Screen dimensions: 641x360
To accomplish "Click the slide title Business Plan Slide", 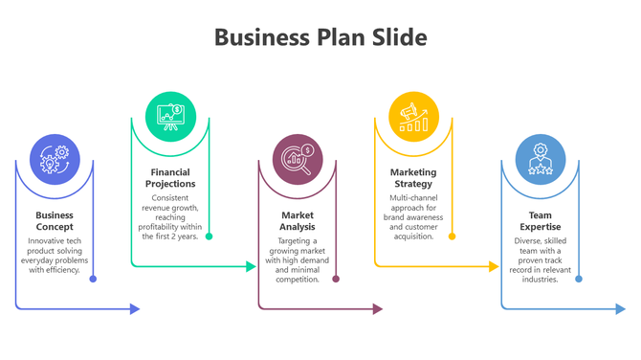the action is pos(320,37).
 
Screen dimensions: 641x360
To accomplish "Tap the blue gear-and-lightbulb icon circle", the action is pos(55,159).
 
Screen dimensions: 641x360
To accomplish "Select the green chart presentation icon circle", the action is pos(170,116).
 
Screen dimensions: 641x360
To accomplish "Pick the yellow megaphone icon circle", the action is pos(413,116).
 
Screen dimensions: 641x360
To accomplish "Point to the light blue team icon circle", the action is pos(541,159).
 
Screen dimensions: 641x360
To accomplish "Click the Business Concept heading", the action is pos(55,221).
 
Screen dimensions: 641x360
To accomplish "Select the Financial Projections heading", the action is pos(170,178).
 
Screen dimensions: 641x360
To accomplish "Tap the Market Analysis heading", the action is pos(298,221).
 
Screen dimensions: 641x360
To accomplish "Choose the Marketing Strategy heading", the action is pos(413,178).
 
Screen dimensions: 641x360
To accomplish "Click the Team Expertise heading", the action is pos(541,221).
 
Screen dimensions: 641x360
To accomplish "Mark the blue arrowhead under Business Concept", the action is pos(135,308).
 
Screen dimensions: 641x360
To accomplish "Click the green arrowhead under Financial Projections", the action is pos(252,266).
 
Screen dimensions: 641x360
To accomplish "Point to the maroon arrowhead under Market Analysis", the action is pos(377,308).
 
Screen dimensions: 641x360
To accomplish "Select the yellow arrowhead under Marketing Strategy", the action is pos(494,266).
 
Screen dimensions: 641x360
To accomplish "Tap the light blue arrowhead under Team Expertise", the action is pos(620,308).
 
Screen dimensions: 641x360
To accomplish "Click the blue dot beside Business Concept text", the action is pos(93,279).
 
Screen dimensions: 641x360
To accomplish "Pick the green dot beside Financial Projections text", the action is pos(209,236).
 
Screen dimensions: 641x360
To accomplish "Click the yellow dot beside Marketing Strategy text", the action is pos(452,236).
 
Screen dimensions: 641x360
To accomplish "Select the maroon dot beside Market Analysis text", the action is pos(336,279).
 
